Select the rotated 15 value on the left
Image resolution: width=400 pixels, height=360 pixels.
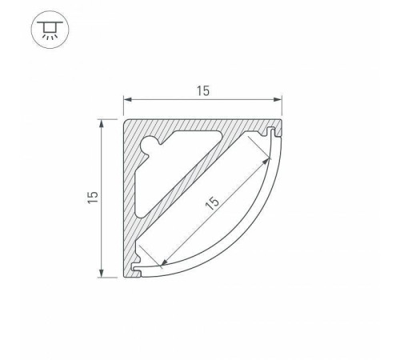tap(94, 198)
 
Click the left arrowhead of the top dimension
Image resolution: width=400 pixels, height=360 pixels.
tap(126, 100)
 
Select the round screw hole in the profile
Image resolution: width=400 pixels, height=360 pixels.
tap(150, 145)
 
